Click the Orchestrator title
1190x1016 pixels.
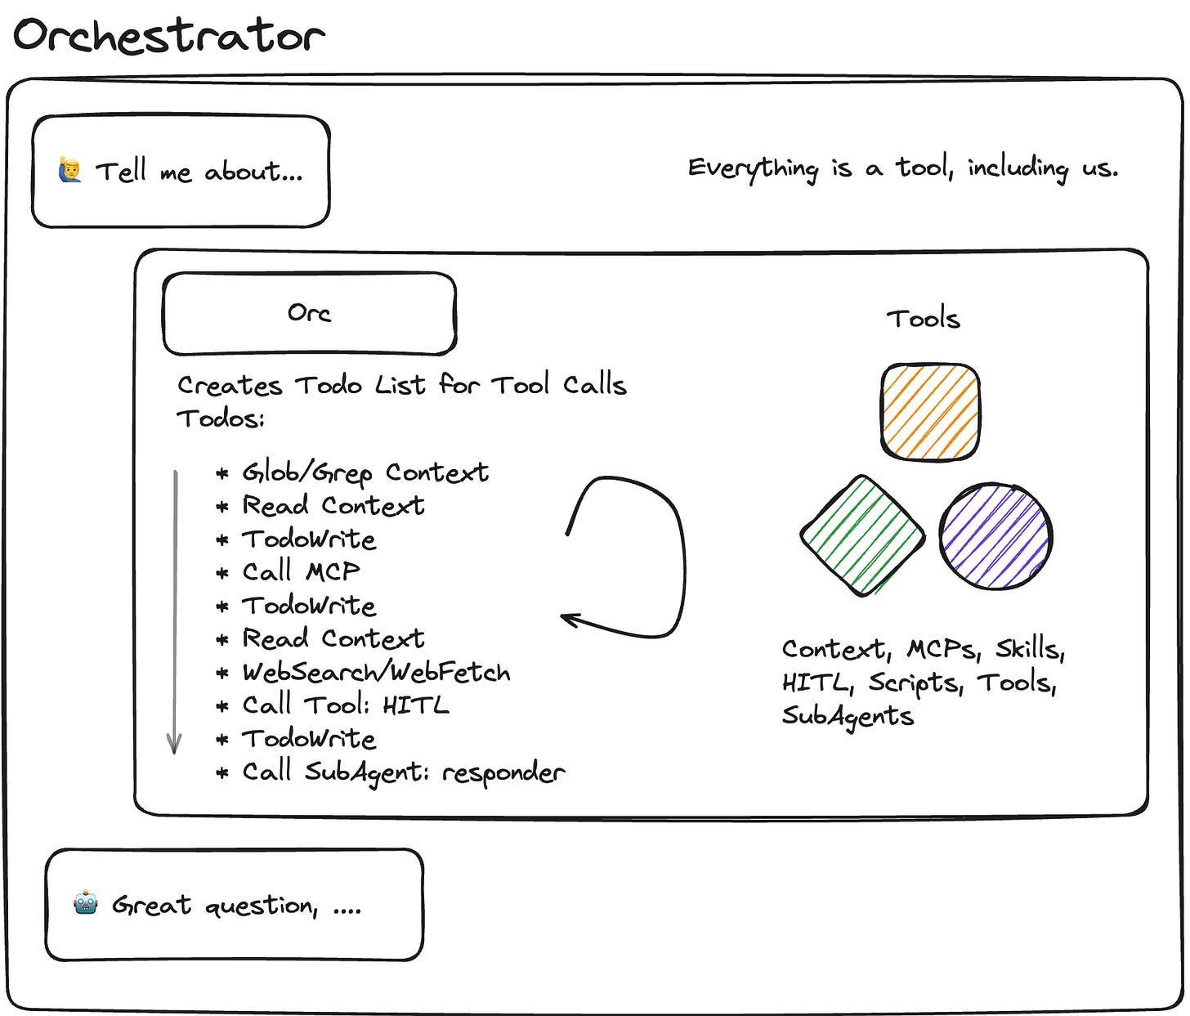pyautogui.click(x=169, y=37)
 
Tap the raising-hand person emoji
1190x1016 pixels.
pyautogui.click(x=70, y=171)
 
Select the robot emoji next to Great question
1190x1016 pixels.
pyautogui.click(x=85, y=903)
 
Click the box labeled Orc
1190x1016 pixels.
pyautogui.click(x=309, y=313)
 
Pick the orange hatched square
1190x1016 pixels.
pyautogui.click(x=930, y=411)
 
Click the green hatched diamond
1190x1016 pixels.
pyautogui.click(x=862, y=535)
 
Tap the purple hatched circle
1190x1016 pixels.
pyautogui.click(x=995, y=536)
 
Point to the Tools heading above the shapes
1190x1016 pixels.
pyautogui.click(x=923, y=318)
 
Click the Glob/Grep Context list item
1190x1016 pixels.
pyautogui.click(x=365, y=472)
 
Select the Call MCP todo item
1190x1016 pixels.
pyautogui.click(x=301, y=571)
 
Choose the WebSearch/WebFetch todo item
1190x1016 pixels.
pyautogui.click(x=376, y=672)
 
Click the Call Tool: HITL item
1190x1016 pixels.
pyautogui.click(x=345, y=705)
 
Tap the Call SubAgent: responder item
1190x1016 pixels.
pyautogui.click(x=403, y=772)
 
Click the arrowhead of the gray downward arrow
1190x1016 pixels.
pyautogui.click(x=174, y=745)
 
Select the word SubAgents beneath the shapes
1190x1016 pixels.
pyautogui.click(x=848, y=716)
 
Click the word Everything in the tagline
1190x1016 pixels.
pyautogui.click(x=752, y=168)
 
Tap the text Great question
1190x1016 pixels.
pyautogui.click(x=214, y=905)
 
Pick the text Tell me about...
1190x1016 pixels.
pyautogui.click(x=199, y=172)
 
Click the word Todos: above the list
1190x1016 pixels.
pyautogui.click(x=221, y=418)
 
